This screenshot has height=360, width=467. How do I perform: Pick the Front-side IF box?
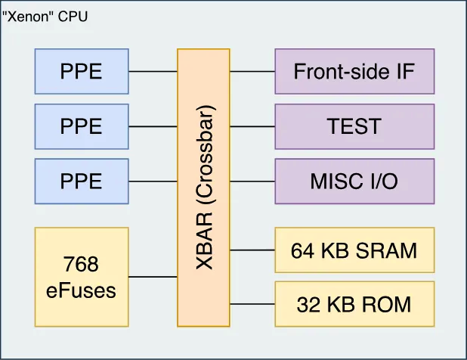[x=354, y=72]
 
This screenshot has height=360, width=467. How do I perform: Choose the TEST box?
[x=354, y=126]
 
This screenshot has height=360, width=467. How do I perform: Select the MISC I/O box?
[x=354, y=181]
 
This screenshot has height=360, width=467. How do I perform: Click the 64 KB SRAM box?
[x=354, y=250]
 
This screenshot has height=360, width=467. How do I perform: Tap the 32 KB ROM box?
[x=354, y=304]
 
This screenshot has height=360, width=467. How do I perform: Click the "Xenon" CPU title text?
[x=45, y=15]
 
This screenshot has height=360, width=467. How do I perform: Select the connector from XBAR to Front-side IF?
[x=252, y=72]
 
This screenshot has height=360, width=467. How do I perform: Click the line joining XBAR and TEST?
[x=252, y=126]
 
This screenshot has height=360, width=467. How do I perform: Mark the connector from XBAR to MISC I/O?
[x=252, y=181]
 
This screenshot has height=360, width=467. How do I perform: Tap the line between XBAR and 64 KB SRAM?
[x=252, y=250]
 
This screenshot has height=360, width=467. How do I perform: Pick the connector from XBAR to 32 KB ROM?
[x=252, y=304]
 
